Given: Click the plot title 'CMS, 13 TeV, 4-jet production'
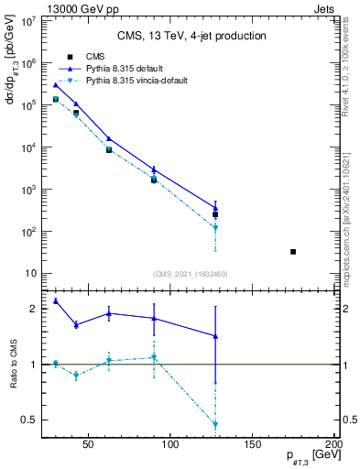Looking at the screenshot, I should [x=191, y=37].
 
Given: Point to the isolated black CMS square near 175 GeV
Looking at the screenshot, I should [x=293, y=251].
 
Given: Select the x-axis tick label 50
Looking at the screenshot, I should [x=89, y=446].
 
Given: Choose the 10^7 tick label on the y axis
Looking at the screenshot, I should [x=27, y=21].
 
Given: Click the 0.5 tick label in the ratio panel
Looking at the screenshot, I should [x=28, y=420].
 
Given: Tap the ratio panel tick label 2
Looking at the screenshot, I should [x=33, y=310].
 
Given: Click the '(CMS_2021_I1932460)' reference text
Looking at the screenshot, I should [x=191, y=274].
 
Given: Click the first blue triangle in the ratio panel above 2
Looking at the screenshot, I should [x=56, y=300].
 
